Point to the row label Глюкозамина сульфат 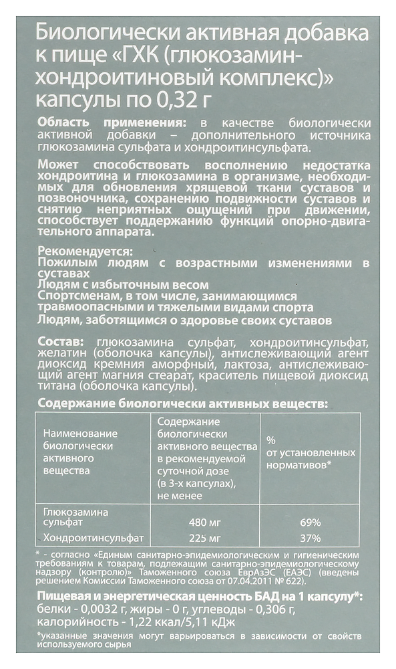[x=75, y=517]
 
